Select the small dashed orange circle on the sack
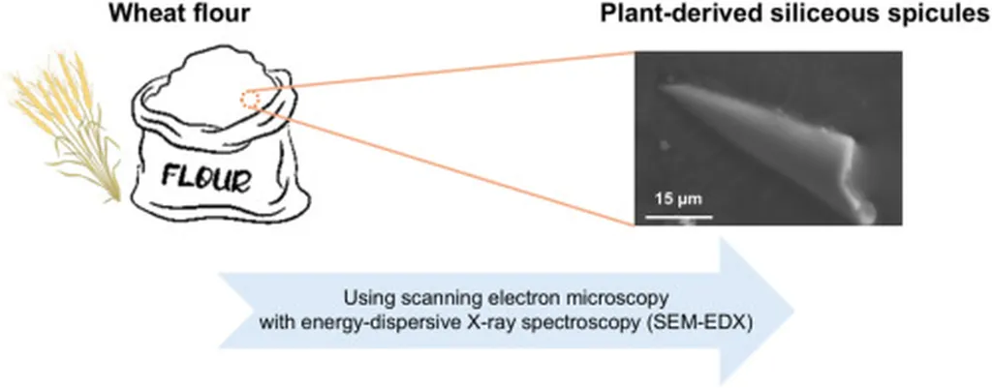click(250, 98)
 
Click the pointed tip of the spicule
click(662, 83)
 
